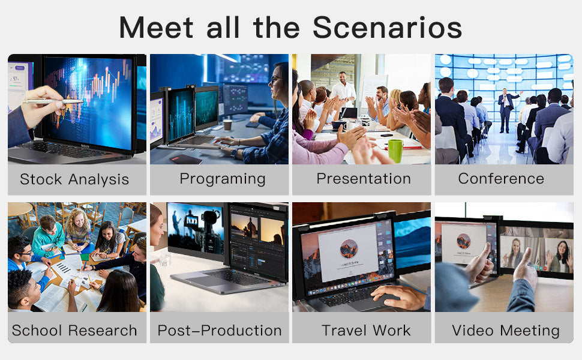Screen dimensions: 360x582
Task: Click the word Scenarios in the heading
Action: tap(388, 28)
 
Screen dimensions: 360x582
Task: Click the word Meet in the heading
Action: tap(158, 28)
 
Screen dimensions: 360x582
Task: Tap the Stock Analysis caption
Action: tap(74, 179)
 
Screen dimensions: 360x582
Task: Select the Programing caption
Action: tap(222, 179)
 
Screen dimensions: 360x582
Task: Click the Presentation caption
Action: tap(364, 179)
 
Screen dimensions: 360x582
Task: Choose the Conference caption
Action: tap(501, 179)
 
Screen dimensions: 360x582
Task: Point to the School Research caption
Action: tap(74, 331)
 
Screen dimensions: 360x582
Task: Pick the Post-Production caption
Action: tap(220, 331)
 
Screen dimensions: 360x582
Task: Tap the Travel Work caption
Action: tap(366, 331)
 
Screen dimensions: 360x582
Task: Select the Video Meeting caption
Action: tap(506, 331)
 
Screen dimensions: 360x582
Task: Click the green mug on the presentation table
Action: tap(395, 151)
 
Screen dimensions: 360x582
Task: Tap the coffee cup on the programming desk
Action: tap(227, 125)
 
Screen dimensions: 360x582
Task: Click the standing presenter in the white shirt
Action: tap(343, 90)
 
